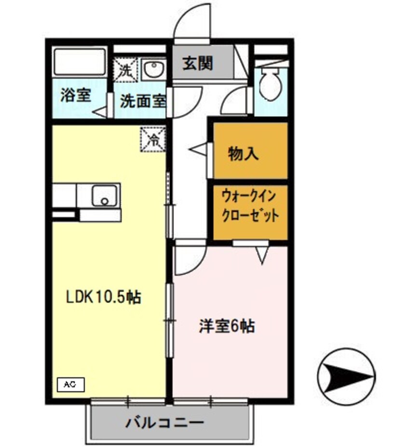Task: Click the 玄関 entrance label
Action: coord(198,63)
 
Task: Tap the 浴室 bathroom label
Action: coord(76,95)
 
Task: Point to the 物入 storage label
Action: coord(244,154)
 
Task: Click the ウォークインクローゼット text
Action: coord(250,206)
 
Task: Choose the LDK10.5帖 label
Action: coord(104,297)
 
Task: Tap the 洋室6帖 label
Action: coord(227,326)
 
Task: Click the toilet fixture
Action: coord(270,82)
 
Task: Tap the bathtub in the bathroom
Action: coord(79,61)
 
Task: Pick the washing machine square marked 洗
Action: coord(125,69)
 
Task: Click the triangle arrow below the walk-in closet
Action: coord(262,254)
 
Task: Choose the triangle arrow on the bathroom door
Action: coord(101,112)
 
